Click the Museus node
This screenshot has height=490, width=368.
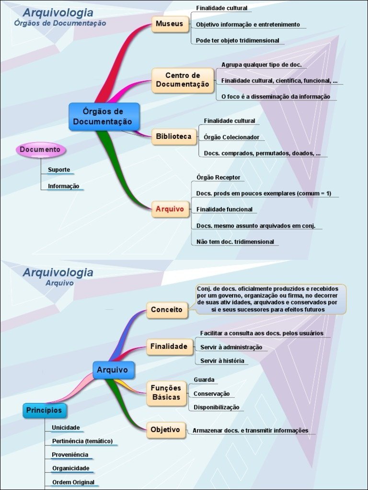point(170,24)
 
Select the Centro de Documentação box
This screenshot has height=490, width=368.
point(183,80)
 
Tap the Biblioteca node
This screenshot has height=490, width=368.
point(173,136)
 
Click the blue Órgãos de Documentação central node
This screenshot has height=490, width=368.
point(103,117)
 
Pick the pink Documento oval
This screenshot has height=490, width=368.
point(40,150)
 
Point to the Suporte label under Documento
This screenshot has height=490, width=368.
point(59,170)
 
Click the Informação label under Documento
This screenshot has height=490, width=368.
point(64,186)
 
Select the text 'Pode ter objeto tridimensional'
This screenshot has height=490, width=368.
point(237,41)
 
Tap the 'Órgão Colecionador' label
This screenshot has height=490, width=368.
point(231,137)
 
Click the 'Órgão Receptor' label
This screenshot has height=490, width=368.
point(218,178)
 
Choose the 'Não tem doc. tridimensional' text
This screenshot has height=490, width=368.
point(235,242)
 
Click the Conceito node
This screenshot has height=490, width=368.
point(167,310)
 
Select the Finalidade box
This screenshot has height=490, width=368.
point(169,346)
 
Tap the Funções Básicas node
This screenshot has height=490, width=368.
point(166,392)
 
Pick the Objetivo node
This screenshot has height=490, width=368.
point(165,430)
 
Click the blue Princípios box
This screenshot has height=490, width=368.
point(44,411)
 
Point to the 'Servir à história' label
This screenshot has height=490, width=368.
point(222,361)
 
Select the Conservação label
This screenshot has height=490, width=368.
point(211,394)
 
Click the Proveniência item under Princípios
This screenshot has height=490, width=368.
point(70,455)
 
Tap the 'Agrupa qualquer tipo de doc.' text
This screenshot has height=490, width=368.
point(261,65)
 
